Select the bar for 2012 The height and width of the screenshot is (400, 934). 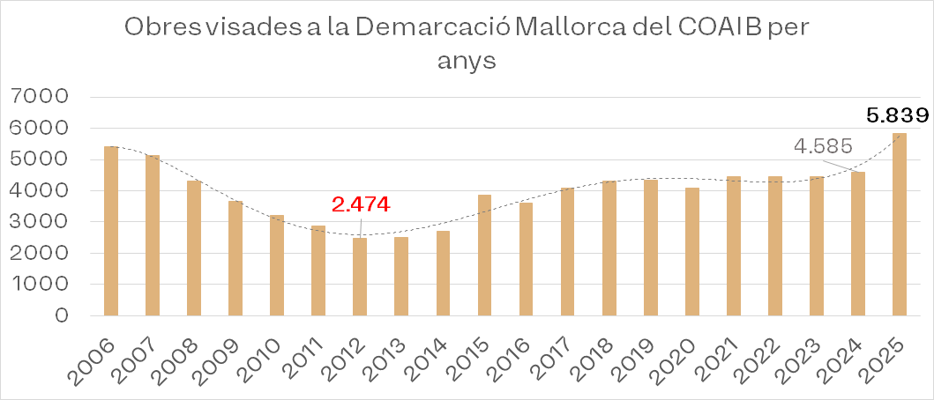[x=360, y=277]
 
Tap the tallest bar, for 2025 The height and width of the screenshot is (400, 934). [x=899, y=224]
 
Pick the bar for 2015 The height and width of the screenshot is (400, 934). [x=484, y=255]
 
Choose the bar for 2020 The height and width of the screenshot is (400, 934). [x=691, y=251]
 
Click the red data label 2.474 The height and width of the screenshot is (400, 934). [x=361, y=204]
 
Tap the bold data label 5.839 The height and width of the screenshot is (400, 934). [x=898, y=115]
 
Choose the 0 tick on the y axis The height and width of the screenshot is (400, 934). [x=61, y=315]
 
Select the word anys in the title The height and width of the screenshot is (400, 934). [x=467, y=62]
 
